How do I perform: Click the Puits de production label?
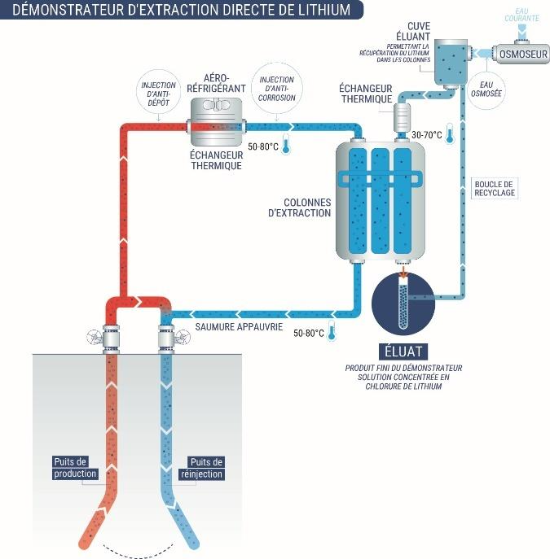(75, 468)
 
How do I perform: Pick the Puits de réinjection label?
(205, 468)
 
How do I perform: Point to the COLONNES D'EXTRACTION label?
(299, 208)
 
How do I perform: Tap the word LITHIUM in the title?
(316, 11)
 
